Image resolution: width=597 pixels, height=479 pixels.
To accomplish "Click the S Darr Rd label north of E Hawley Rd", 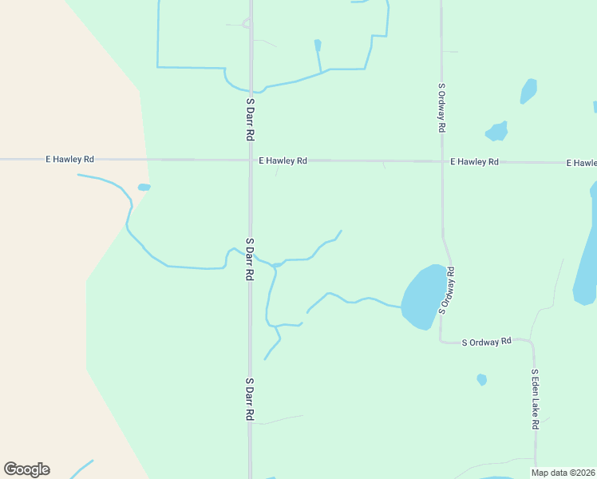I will click(x=250, y=119).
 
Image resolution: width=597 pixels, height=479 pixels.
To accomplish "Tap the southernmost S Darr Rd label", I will click(x=250, y=400).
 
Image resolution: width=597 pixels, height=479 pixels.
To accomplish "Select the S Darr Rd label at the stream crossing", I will click(x=250, y=258).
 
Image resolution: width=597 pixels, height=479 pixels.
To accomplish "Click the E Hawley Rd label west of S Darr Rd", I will click(x=70, y=160).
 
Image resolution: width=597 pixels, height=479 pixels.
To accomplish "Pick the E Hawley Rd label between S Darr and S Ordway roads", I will click(x=283, y=160).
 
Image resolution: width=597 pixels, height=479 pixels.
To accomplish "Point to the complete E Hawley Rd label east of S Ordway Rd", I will click(x=474, y=161).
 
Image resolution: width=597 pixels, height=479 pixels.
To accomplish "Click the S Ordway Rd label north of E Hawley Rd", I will click(x=441, y=107).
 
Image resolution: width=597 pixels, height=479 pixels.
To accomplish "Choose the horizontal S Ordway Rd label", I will click(x=487, y=342).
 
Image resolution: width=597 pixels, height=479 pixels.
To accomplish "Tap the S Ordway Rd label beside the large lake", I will click(x=449, y=290).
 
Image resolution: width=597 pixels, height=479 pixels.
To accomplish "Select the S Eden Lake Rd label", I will click(x=536, y=399).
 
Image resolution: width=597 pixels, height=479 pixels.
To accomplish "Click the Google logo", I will click(x=26, y=469).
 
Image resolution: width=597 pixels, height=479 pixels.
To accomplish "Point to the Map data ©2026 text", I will click(x=563, y=473).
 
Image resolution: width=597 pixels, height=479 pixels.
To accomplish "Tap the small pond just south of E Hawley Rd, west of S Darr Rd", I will click(x=144, y=188).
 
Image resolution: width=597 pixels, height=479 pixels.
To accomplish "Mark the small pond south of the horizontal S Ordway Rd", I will click(x=481, y=379).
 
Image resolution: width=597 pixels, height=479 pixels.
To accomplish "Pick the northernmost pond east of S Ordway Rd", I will click(x=528, y=90).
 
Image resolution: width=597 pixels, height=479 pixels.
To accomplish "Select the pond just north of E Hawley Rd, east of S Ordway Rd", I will click(x=497, y=130).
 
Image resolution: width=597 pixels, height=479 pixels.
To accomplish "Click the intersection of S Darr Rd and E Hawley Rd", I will click(x=250, y=160).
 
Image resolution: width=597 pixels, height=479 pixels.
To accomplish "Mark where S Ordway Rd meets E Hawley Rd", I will click(x=441, y=161).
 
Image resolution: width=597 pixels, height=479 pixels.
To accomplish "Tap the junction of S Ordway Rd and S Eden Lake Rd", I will click(x=532, y=342).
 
